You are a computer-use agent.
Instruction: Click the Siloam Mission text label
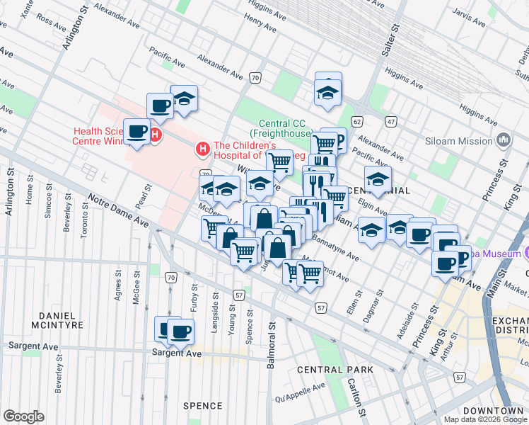[x=459, y=140]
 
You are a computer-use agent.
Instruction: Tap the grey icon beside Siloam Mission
[x=504, y=140]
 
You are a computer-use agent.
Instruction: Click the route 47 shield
[x=390, y=121]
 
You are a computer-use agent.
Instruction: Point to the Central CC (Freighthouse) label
[x=282, y=127]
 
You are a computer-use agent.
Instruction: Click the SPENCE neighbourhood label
[x=203, y=405]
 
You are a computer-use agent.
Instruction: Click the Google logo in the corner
[x=23, y=416]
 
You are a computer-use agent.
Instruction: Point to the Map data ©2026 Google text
[x=485, y=419]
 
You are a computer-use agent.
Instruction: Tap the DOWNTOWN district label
[x=494, y=411]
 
